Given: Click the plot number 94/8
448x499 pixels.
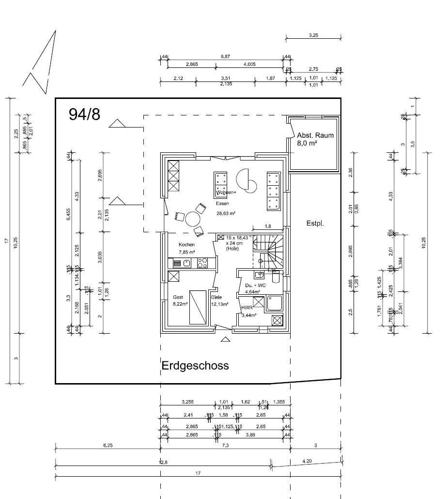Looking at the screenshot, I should pos(84,114).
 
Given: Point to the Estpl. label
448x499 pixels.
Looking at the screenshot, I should pos(315,224).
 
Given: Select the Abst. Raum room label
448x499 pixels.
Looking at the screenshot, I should pos(315,135).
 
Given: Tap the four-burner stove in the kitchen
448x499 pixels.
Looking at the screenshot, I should pos(202,263).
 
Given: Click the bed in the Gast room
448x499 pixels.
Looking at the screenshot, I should pos(198,306).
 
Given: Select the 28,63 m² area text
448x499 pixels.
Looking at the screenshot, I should pos(225,213).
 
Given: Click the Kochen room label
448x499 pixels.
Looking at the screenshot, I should pos(186,244).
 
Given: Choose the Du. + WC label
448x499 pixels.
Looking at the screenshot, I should pos(255,286).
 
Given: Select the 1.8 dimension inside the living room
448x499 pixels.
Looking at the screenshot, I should pos(268,226).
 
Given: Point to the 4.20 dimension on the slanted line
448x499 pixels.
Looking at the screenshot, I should pos(307,461).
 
